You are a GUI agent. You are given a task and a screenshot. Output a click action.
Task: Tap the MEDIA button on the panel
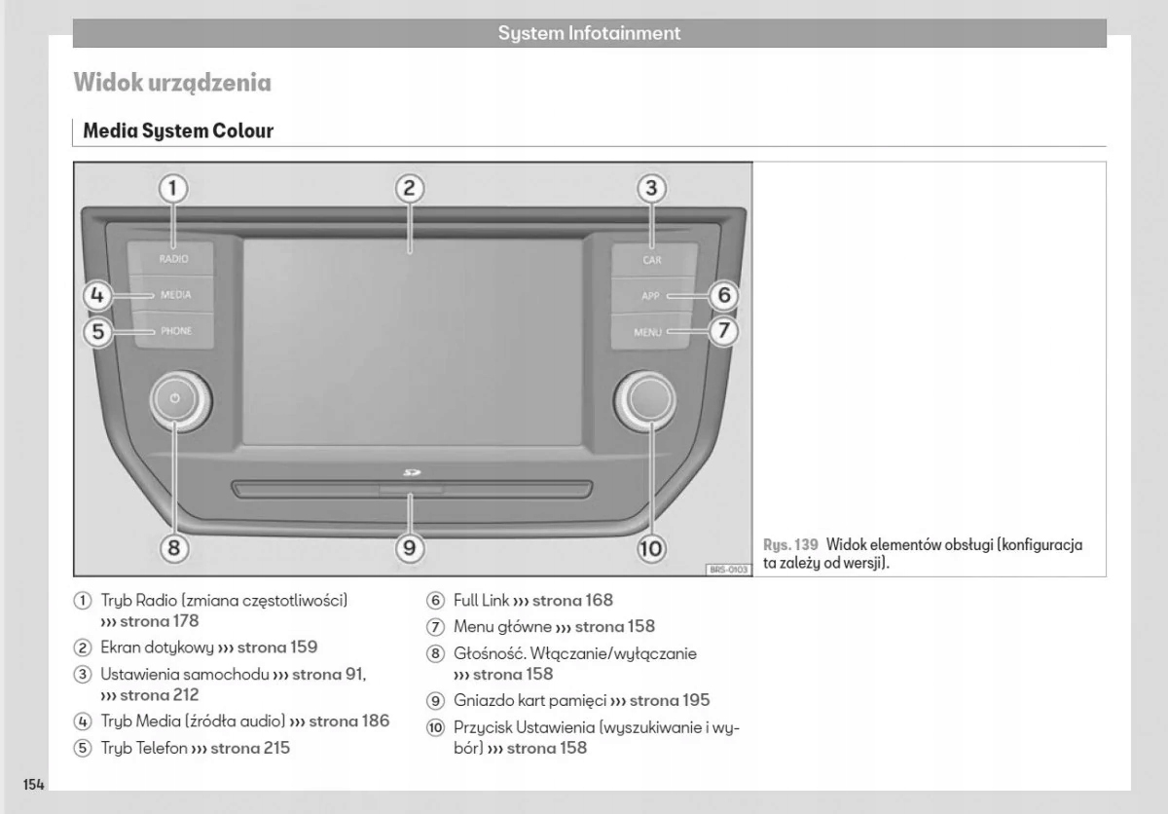(175, 294)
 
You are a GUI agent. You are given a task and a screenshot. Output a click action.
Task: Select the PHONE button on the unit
(175, 331)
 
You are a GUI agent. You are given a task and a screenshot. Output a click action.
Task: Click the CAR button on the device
(652, 260)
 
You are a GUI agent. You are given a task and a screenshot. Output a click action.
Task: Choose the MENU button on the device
(648, 332)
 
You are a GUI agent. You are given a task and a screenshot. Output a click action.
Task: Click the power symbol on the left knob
(175, 398)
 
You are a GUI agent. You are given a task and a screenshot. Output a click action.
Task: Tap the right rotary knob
(644, 399)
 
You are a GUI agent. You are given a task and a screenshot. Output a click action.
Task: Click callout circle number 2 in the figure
(410, 188)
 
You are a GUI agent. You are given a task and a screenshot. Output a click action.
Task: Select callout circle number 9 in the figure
(410, 548)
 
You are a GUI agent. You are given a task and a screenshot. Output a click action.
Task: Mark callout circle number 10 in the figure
(650, 548)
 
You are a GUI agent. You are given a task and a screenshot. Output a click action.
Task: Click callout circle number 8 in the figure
(173, 548)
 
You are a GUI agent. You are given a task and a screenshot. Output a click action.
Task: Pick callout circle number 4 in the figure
(95, 294)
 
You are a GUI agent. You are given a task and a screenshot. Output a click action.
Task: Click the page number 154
(34, 785)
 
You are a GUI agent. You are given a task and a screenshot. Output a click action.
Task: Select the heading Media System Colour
(178, 131)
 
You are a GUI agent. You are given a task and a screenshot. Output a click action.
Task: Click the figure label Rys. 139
(790, 545)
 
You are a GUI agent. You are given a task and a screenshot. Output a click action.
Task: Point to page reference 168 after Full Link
(600, 601)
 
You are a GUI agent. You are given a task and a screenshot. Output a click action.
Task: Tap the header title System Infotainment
(589, 33)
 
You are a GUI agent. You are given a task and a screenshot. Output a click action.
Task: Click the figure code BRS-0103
(728, 569)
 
